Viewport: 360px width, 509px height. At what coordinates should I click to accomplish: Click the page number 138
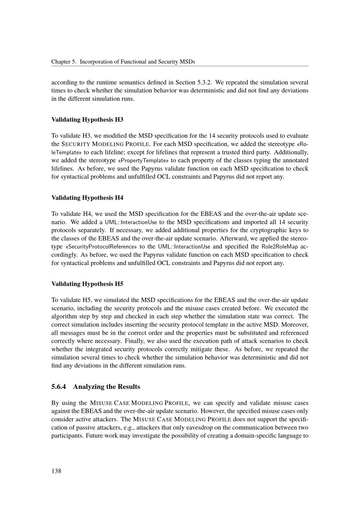point(56,471)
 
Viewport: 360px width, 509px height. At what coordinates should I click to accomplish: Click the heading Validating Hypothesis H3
point(87,119)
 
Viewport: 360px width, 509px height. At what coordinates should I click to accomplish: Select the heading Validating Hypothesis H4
point(87,198)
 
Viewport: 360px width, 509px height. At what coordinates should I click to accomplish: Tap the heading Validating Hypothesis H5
point(87,284)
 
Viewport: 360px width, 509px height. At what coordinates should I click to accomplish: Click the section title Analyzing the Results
point(107,387)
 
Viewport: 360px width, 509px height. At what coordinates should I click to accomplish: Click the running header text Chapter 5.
point(63,62)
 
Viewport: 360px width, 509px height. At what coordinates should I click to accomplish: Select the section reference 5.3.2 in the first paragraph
point(204,82)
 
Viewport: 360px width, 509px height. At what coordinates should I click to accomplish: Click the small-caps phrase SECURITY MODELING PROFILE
point(107,144)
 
